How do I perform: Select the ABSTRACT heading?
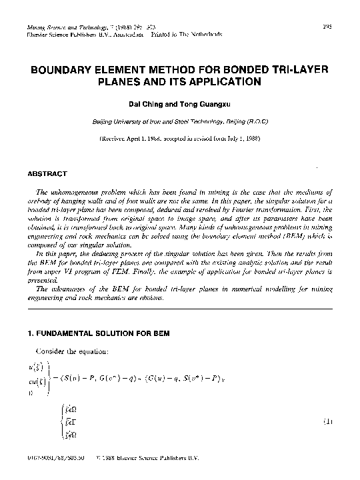click(47, 174)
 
